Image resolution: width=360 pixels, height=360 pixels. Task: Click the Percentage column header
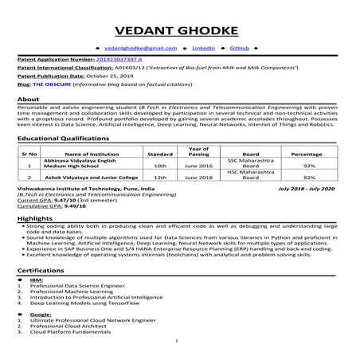point(306,153)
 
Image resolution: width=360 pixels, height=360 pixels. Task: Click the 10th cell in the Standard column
point(159,165)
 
